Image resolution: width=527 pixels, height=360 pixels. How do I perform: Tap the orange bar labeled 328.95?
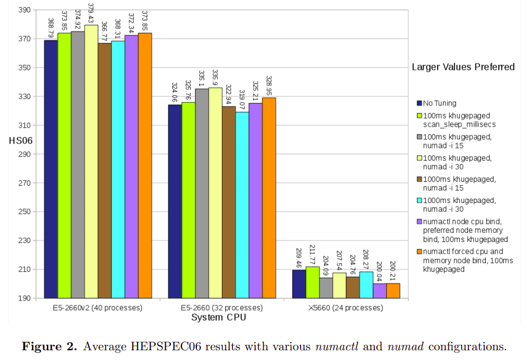(269, 198)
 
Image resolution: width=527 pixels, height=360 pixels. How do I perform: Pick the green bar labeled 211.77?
(313, 282)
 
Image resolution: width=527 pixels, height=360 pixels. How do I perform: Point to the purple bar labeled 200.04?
(380, 291)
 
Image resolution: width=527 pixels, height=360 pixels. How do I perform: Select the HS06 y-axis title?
(19, 141)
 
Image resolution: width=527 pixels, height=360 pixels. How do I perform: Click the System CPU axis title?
(218, 317)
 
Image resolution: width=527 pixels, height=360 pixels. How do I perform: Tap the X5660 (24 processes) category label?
(345, 308)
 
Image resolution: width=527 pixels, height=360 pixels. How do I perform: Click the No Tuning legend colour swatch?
(419, 103)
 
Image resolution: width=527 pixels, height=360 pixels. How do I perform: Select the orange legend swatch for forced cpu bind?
(419, 251)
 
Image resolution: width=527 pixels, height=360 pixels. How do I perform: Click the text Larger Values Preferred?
(463, 67)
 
